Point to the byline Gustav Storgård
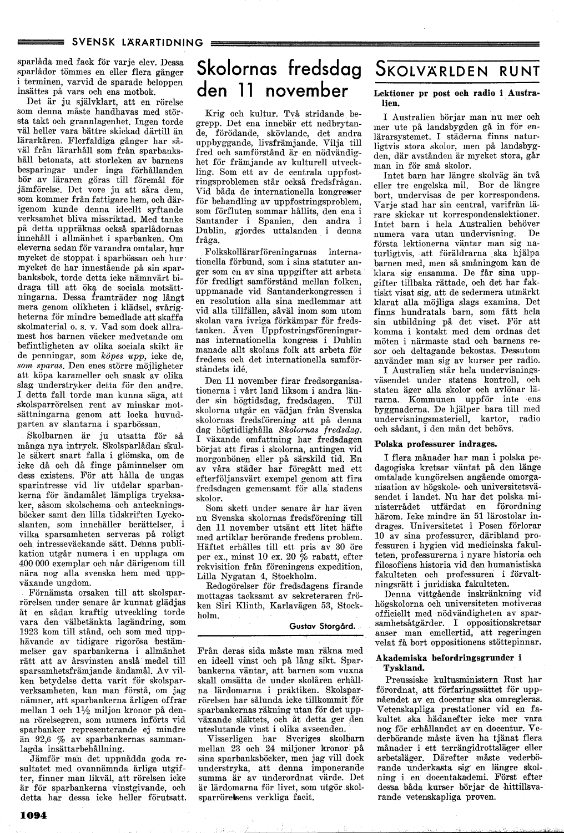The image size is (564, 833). (323, 625)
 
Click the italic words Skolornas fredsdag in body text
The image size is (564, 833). (320, 430)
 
